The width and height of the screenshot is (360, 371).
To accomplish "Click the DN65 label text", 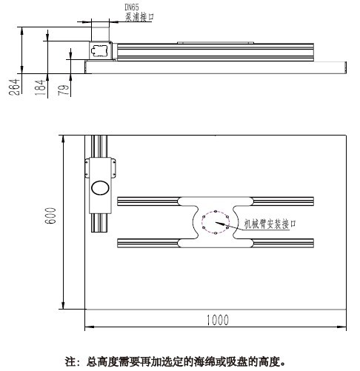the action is pyautogui.click(x=132, y=7).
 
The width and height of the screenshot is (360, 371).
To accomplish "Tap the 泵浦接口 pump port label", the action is pyautogui.click(x=139, y=17).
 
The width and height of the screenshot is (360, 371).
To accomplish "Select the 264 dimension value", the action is pyautogui.click(x=14, y=87).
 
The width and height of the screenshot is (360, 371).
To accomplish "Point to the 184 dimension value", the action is pyautogui.click(x=40, y=87).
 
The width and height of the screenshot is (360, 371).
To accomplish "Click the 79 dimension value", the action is pyautogui.click(x=64, y=90).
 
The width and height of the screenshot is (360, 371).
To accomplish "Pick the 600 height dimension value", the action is pyautogui.click(x=50, y=215).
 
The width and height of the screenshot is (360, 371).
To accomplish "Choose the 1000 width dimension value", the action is pyautogui.click(x=218, y=320).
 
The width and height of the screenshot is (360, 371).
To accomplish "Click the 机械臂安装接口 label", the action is pyautogui.click(x=270, y=224).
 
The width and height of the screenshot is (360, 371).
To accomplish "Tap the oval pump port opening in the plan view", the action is pyautogui.click(x=100, y=188).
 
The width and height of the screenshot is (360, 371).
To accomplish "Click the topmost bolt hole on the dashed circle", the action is pyautogui.click(x=216, y=212).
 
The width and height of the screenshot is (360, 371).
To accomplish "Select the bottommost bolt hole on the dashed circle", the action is pyautogui.click(x=216, y=233).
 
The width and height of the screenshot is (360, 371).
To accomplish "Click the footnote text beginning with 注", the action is pyautogui.click(x=176, y=362).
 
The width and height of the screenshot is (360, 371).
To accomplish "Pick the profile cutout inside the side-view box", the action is pyautogui.click(x=99, y=50).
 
